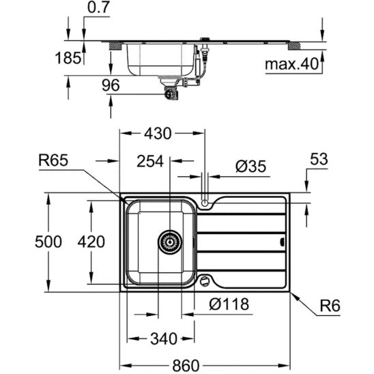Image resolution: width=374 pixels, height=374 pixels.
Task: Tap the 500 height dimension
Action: [x=48, y=242]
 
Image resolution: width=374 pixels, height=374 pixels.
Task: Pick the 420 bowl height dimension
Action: [x=91, y=242]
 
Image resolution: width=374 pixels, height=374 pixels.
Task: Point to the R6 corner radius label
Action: [x=330, y=308]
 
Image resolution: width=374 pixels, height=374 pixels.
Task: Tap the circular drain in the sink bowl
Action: [x=169, y=241]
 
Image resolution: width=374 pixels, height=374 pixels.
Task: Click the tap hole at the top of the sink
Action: [x=206, y=202]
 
